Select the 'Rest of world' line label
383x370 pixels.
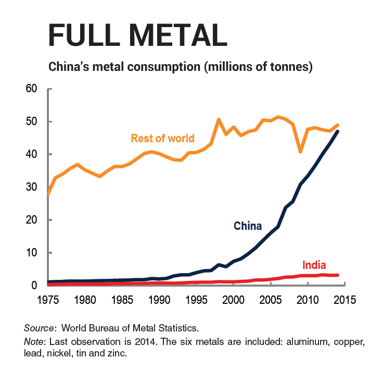click(162, 139)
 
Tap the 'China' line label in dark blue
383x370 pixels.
click(248, 226)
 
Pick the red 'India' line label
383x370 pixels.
click(314, 265)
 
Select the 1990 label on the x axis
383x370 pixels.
click(159, 300)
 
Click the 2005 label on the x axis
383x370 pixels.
click(271, 300)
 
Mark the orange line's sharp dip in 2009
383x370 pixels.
click(300, 152)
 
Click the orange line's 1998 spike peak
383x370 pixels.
click(219, 120)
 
